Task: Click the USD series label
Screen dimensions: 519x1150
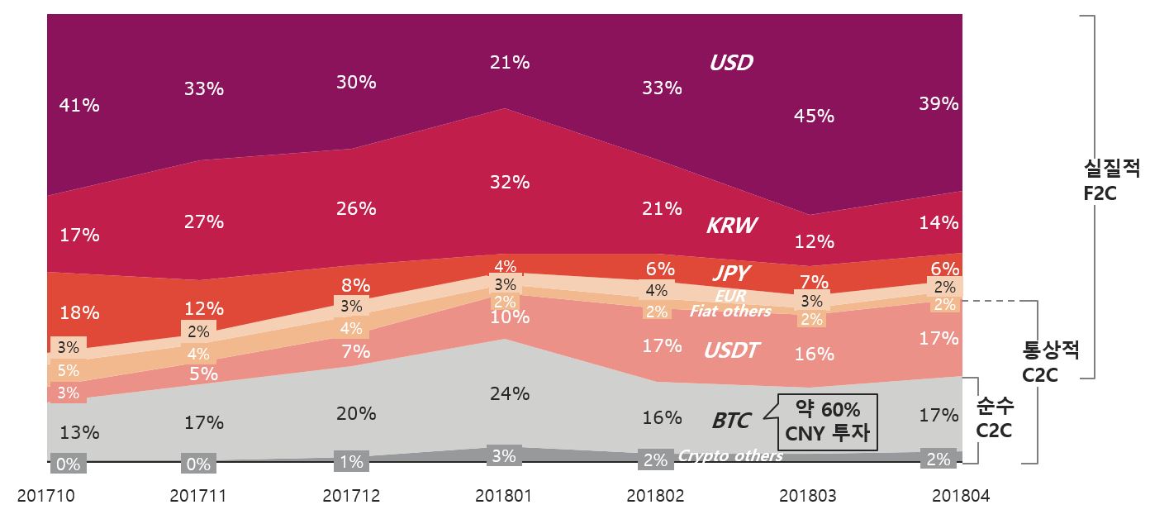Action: [731, 63]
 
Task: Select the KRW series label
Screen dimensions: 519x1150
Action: [731, 226]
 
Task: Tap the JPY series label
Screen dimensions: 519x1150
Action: [732, 274]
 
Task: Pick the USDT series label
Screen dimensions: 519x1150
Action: [731, 350]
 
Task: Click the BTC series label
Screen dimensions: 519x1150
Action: [731, 421]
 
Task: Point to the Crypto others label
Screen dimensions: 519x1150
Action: [730, 456]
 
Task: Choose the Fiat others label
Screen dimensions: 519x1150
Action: [730, 312]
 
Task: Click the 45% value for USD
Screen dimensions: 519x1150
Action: [814, 117]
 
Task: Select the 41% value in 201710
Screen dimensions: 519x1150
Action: [80, 106]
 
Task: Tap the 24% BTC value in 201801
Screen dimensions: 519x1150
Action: [509, 393]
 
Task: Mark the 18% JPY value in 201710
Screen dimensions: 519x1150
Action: [80, 313]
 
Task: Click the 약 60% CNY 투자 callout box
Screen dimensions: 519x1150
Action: [827, 421]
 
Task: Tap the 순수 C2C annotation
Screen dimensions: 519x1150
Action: [995, 418]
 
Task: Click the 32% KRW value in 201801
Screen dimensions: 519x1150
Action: [509, 182]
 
